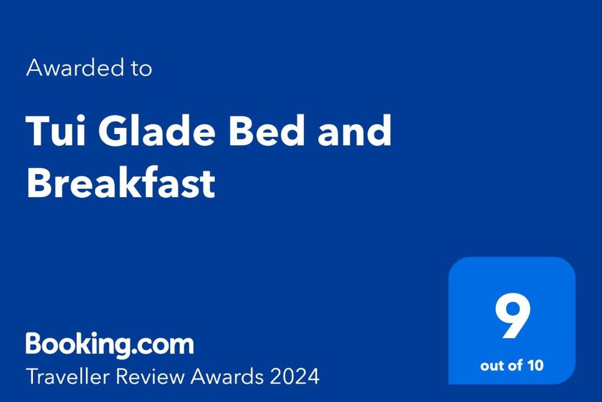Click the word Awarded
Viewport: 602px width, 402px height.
[x=75, y=68]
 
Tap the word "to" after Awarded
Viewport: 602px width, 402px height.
[x=141, y=68]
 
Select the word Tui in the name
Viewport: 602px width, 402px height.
[x=56, y=131]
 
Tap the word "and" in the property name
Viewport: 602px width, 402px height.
[x=355, y=131]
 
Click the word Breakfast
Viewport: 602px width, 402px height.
[x=121, y=182]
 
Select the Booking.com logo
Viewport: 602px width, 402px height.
[x=110, y=344]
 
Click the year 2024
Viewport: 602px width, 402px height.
[x=294, y=376]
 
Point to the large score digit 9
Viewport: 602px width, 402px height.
[x=513, y=316]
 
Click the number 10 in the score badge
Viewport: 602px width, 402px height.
[x=535, y=365]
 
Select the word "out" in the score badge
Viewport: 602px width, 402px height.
[x=493, y=366]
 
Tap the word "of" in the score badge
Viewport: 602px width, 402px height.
[x=516, y=365]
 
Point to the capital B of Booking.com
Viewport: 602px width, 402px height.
[x=35, y=343]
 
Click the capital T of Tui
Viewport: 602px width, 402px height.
[x=39, y=131]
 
